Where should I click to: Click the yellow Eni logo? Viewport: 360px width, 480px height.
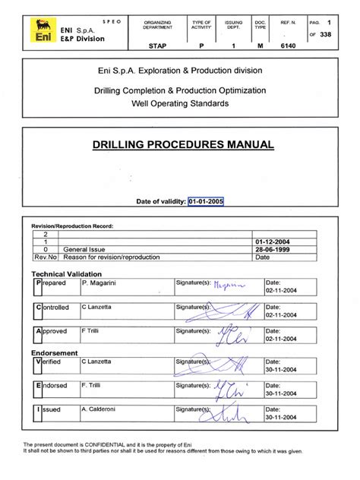pyautogui.click(x=39, y=33)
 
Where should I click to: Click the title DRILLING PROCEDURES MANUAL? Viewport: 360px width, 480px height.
pyautogui.click(x=183, y=145)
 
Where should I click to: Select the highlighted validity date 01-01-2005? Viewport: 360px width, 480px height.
pyautogui.click(x=205, y=201)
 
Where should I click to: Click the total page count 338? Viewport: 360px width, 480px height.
pyautogui.click(x=327, y=33)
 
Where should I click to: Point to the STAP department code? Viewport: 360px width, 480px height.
pyautogui.click(x=158, y=46)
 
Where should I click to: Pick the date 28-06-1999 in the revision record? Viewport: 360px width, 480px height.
pyautogui.click(x=274, y=249)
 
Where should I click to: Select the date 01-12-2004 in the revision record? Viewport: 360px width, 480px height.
pyautogui.click(x=274, y=242)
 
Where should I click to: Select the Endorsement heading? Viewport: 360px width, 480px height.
pyautogui.click(x=54, y=352)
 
